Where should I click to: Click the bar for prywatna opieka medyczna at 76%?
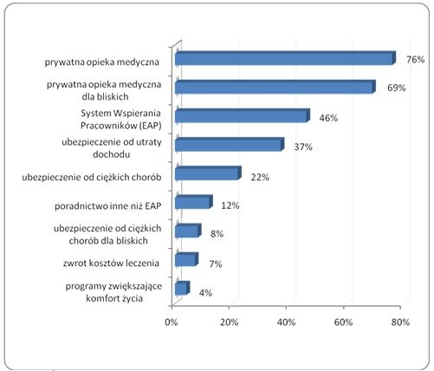click(x=285, y=58)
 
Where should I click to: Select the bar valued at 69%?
click(x=275, y=87)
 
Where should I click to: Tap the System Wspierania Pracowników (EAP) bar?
click(x=243, y=115)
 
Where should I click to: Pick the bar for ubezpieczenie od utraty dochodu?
click(x=230, y=145)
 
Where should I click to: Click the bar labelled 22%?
click(x=208, y=173)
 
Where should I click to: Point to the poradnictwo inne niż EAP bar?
click(x=194, y=202)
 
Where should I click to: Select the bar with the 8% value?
click(x=188, y=231)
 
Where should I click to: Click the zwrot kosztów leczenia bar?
click(x=187, y=259)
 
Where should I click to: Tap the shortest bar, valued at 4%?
click(x=183, y=288)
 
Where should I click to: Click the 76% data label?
click(x=416, y=60)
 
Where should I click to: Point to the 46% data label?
click(x=328, y=118)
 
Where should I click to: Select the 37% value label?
click(x=303, y=147)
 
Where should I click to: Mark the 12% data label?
click(x=230, y=205)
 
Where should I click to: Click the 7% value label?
click(x=216, y=264)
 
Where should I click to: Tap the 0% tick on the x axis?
click(x=172, y=322)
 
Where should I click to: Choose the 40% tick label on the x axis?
click(x=286, y=322)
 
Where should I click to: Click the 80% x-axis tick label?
click(x=400, y=322)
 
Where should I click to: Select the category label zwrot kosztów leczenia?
click(x=111, y=264)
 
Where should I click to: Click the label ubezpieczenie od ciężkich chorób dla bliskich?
click(x=107, y=234)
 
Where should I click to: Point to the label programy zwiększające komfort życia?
click(x=113, y=292)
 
